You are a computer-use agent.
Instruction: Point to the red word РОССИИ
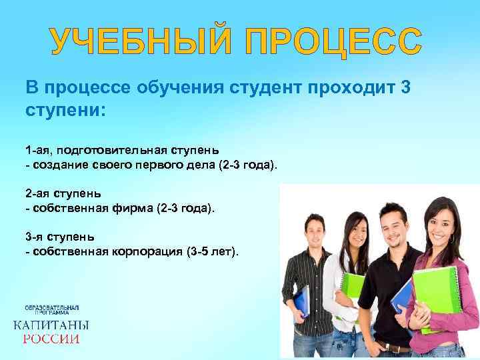coord(51,339)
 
